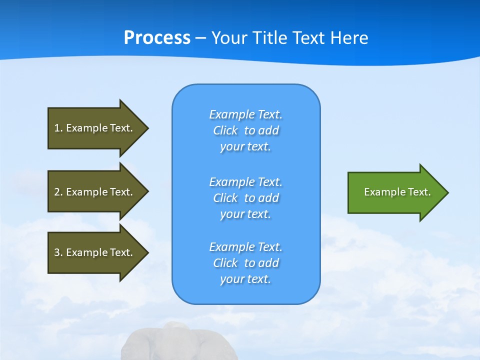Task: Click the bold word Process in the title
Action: coord(157,37)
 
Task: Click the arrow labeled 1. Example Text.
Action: coord(95,128)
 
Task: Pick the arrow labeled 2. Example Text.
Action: coord(95,192)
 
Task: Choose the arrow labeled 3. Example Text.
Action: coord(95,252)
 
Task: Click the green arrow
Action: coord(395,192)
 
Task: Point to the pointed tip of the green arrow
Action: coord(447,192)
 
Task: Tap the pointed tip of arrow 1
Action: coord(147,128)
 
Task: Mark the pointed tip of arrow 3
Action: coord(147,252)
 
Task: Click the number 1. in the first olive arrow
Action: coord(58,128)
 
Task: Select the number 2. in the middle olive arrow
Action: coord(58,192)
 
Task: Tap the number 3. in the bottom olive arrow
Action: coord(58,252)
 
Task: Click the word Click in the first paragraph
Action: coord(225,130)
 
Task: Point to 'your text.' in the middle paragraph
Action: coord(245,214)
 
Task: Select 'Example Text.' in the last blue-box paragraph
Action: coord(245,247)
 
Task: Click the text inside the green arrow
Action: coord(397,192)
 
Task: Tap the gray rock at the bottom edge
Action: coord(165,345)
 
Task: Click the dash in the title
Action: coord(201,38)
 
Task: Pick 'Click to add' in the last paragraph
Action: coord(245,263)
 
